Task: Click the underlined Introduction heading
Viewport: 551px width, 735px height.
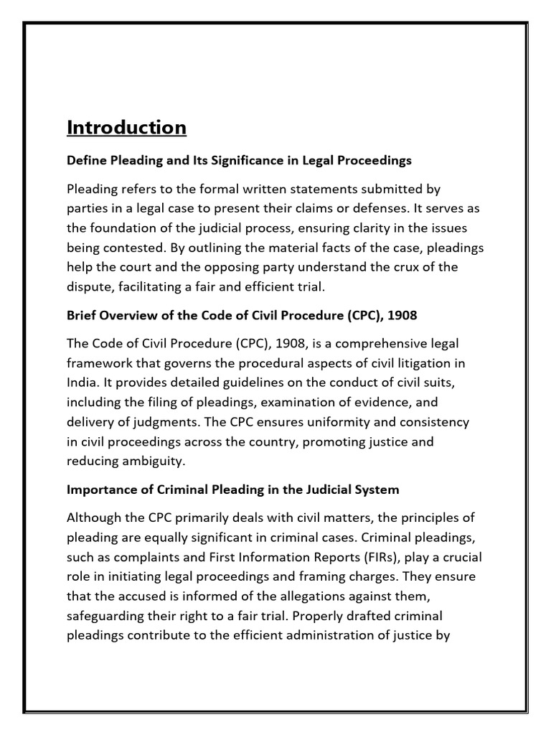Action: (126, 128)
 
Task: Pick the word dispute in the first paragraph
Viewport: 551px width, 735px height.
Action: (89, 286)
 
